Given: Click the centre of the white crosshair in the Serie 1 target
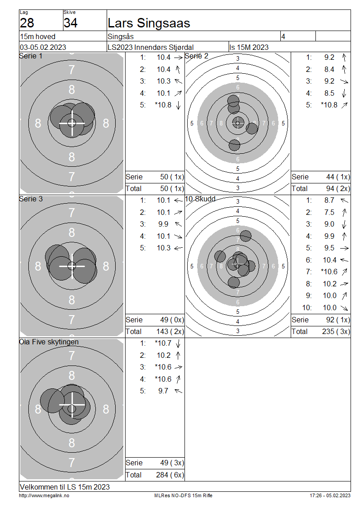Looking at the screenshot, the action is tap(72, 123).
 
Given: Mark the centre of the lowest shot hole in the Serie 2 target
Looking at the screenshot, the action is tap(234, 145).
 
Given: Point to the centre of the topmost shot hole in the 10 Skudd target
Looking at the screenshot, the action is tap(246, 236).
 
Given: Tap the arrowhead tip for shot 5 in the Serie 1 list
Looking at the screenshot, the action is tap(178, 110).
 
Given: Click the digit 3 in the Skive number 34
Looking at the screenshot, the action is tap(67, 23).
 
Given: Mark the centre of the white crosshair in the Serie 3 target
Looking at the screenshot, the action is tap(72, 266).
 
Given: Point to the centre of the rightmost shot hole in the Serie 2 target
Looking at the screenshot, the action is tap(252, 129).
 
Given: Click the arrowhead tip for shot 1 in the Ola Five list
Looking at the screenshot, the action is tap(178, 348).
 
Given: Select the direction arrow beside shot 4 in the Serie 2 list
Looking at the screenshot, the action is tap(344, 94).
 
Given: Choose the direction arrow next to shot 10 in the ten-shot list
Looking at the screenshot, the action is tap(344, 308).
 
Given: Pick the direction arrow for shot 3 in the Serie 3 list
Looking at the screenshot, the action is tap(178, 224).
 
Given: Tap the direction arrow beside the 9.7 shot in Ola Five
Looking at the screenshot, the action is tap(178, 391).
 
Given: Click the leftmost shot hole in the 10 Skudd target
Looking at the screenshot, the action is tap(220, 256).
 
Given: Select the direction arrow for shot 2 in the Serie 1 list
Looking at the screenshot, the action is tap(178, 69).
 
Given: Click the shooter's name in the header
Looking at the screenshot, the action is tap(149, 23).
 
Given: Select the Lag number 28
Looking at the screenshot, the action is tap(27, 23).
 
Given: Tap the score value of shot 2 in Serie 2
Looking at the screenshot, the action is tap(329, 69).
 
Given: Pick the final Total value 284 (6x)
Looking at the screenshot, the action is tap(170, 475).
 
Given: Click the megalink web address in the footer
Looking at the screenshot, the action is tap(44, 496).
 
